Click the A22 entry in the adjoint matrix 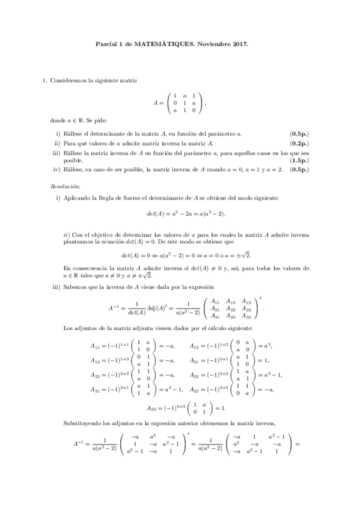click(231, 307)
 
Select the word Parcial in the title click(106, 44)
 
